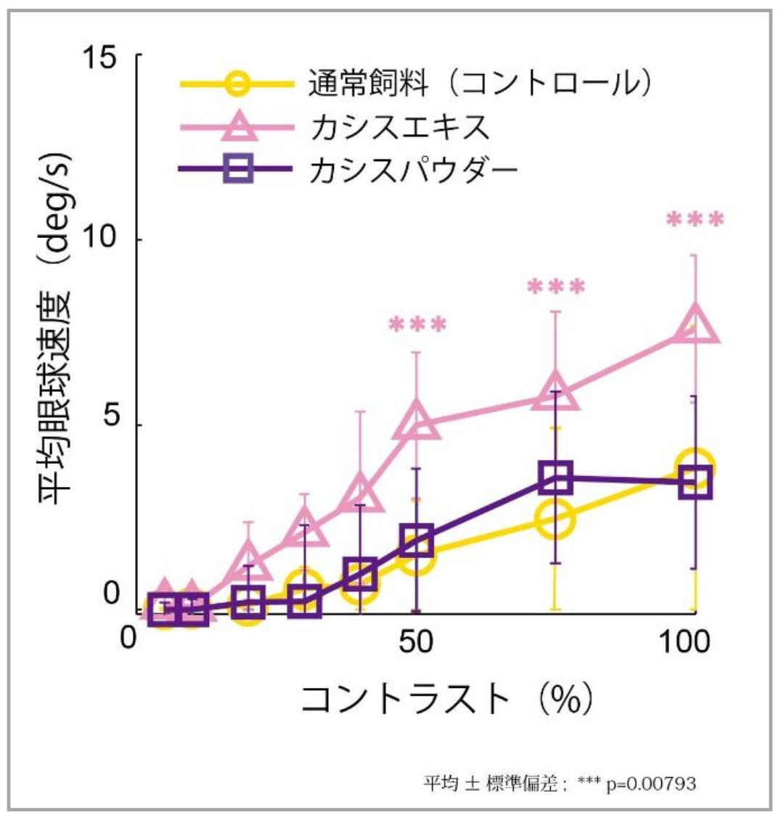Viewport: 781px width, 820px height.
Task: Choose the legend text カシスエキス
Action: pyautogui.click(x=399, y=127)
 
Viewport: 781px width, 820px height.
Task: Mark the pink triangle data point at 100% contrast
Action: pyautogui.click(x=695, y=325)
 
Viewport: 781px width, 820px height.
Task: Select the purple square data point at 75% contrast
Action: pyautogui.click(x=556, y=477)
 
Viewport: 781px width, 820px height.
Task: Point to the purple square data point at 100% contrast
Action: pyautogui.click(x=695, y=483)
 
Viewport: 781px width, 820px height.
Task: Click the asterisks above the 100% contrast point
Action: pyautogui.click(x=695, y=220)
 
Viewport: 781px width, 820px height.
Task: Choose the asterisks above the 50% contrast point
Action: pyautogui.click(x=417, y=324)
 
